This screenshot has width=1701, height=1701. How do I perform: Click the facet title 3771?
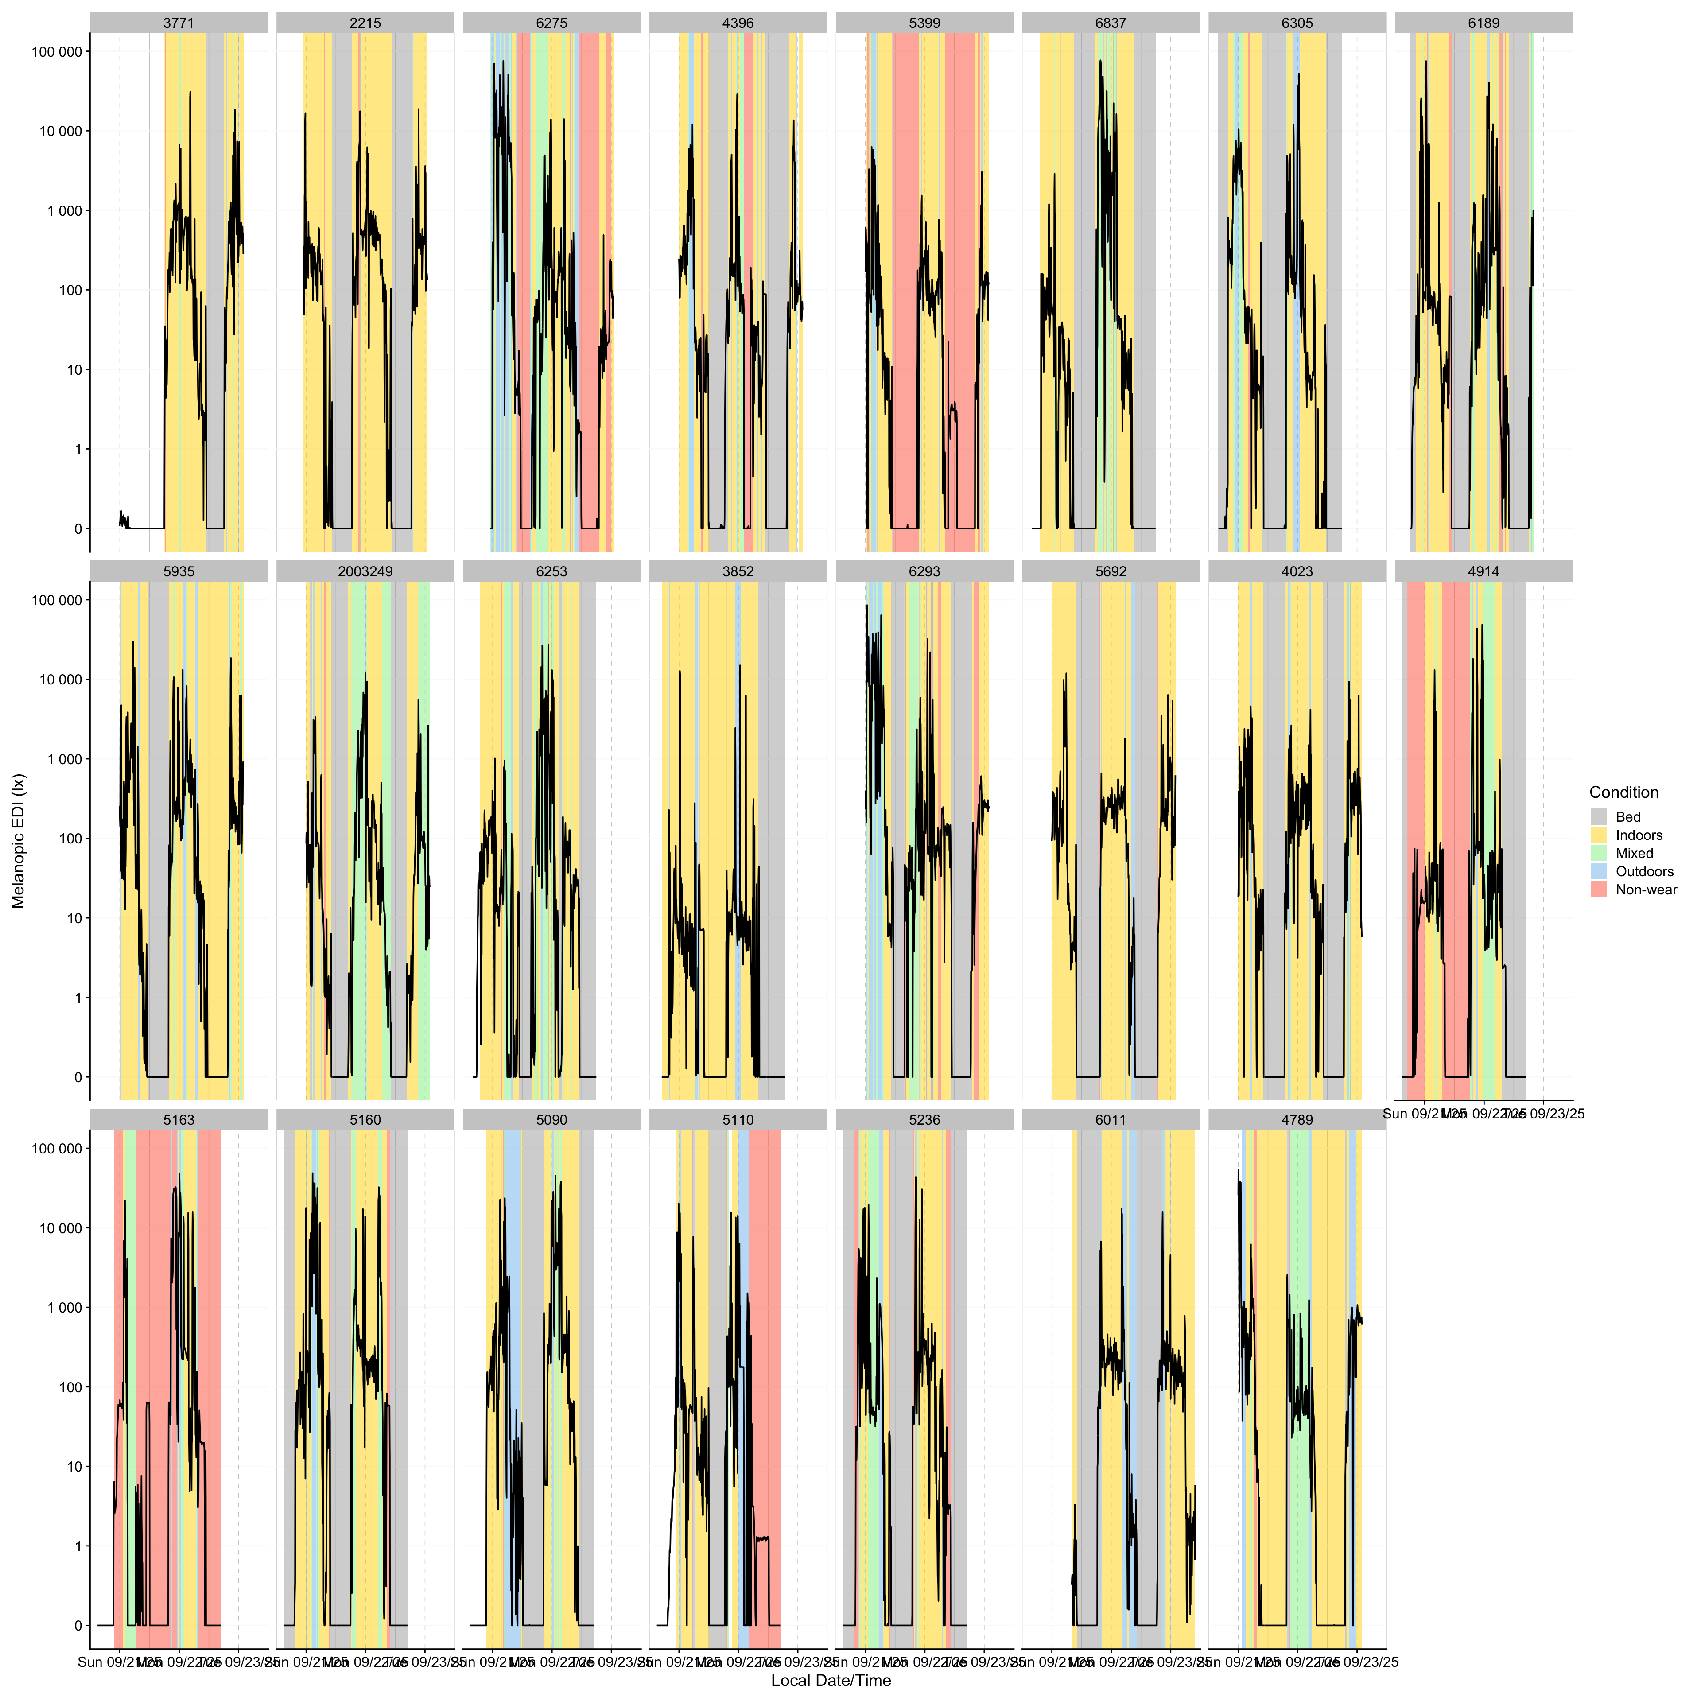pos(179,23)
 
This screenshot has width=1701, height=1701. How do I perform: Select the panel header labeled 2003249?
pos(365,571)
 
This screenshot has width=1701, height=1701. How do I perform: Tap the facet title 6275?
pos(551,23)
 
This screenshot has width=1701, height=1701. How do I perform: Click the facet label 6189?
pos(1484,23)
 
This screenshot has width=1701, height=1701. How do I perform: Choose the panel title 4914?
pos(1484,571)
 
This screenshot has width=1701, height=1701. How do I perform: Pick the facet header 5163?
pos(179,1120)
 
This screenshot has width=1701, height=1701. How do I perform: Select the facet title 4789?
pos(1297,1120)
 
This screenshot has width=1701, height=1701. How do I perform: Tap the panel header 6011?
pos(1110,1120)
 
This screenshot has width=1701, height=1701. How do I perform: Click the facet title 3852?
pos(738,571)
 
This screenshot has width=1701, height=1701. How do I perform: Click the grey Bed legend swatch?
pos(1599,817)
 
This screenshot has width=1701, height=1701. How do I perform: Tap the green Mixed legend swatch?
pos(1599,853)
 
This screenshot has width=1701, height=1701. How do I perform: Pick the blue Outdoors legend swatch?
pos(1599,872)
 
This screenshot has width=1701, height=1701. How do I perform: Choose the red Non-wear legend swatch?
pos(1599,889)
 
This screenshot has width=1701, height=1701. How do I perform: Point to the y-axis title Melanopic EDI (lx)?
pos(19,841)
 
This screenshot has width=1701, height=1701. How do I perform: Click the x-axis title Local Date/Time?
pos(830,1681)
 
